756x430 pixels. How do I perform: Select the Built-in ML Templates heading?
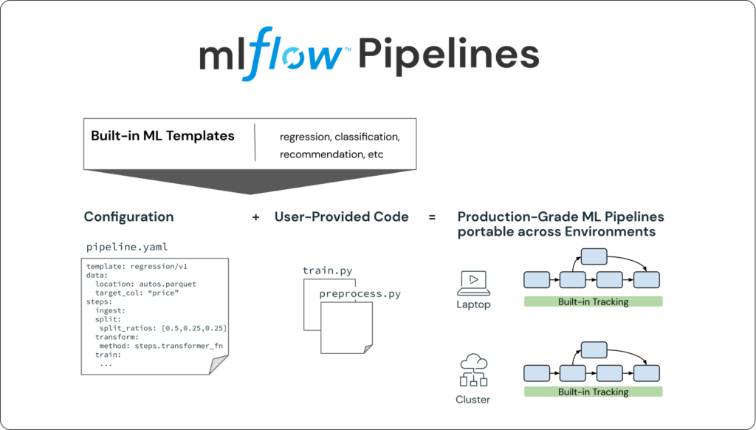point(162,136)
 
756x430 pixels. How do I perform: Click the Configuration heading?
point(128,217)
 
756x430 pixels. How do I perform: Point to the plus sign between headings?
point(255,217)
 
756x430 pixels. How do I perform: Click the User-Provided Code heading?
point(341,217)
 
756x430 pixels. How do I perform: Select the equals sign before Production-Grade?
point(432,217)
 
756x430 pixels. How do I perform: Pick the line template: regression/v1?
point(134,266)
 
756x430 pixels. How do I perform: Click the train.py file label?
point(328,270)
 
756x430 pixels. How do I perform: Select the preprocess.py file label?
point(360,293)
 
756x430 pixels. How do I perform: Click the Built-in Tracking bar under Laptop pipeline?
point(593,301)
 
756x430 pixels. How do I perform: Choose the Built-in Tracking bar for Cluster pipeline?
point(593,392)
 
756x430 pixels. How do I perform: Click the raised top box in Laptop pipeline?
point(594,257)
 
